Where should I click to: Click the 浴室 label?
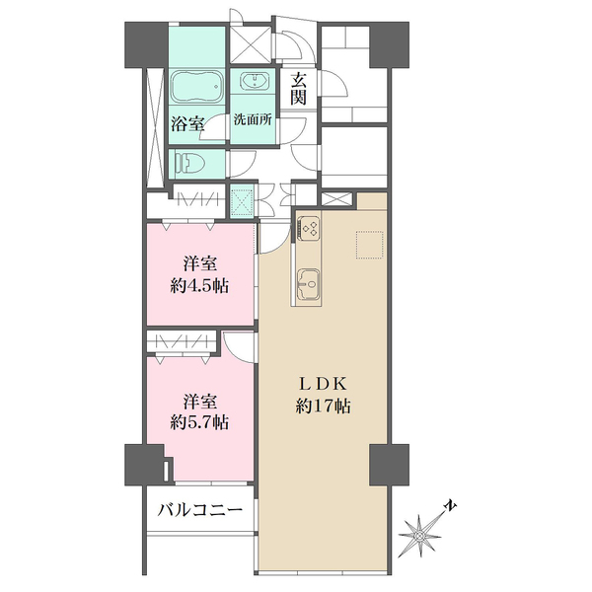(187, 123)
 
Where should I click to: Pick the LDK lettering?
(323, 383)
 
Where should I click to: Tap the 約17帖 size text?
(323, 406)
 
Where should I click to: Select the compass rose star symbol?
(420, 534)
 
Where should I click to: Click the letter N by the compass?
(449, 507)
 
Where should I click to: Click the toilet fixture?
(187, 163)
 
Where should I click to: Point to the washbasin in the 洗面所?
(257, 82)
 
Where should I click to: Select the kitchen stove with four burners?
(308, 228)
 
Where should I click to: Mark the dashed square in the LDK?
(371, 246)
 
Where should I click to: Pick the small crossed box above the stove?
(335, 200)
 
